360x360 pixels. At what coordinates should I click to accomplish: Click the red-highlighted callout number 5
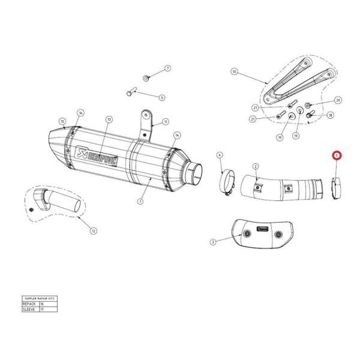(337, 155)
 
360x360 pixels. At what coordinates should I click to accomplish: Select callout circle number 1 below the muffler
(140, 202)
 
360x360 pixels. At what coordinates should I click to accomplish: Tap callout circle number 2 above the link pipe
(256, 166)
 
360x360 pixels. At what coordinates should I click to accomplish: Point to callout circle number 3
(213, 242)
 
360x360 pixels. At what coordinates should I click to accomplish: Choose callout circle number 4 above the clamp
(220, 155)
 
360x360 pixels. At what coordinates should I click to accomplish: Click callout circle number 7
(167, 69)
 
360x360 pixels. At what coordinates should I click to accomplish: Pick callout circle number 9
(162, 97)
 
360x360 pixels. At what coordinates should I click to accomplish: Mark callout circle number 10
(235, 71)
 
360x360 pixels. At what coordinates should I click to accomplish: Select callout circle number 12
(93, 230)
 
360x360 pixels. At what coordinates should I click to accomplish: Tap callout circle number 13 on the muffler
(109, 119)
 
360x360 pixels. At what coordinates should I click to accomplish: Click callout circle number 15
(62, 121)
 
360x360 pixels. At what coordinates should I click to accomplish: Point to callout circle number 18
(330, 115)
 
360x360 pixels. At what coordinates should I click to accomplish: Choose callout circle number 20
(338, 100)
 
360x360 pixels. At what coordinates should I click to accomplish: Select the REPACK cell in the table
(29, 305)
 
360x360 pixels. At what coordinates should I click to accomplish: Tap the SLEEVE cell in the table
(29, 310)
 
